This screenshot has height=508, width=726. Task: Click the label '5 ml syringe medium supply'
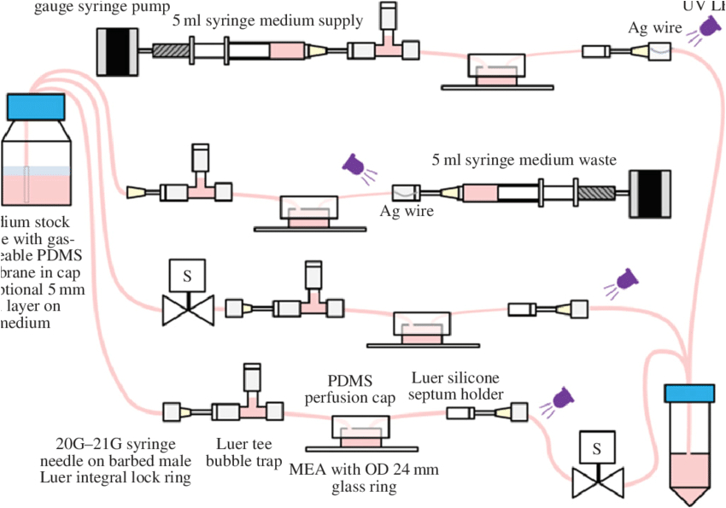click(x=267, y=20)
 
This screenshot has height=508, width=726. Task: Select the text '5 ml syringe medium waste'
click(x=524, y=160)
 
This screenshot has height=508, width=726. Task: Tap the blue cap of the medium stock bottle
click(x=35, y=107)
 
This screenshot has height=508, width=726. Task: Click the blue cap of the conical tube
click(x=689, y=393)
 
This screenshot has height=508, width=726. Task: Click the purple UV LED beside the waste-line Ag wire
click(x=354, y=165)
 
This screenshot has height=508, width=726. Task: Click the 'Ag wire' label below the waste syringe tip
click(x=407, y=211)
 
